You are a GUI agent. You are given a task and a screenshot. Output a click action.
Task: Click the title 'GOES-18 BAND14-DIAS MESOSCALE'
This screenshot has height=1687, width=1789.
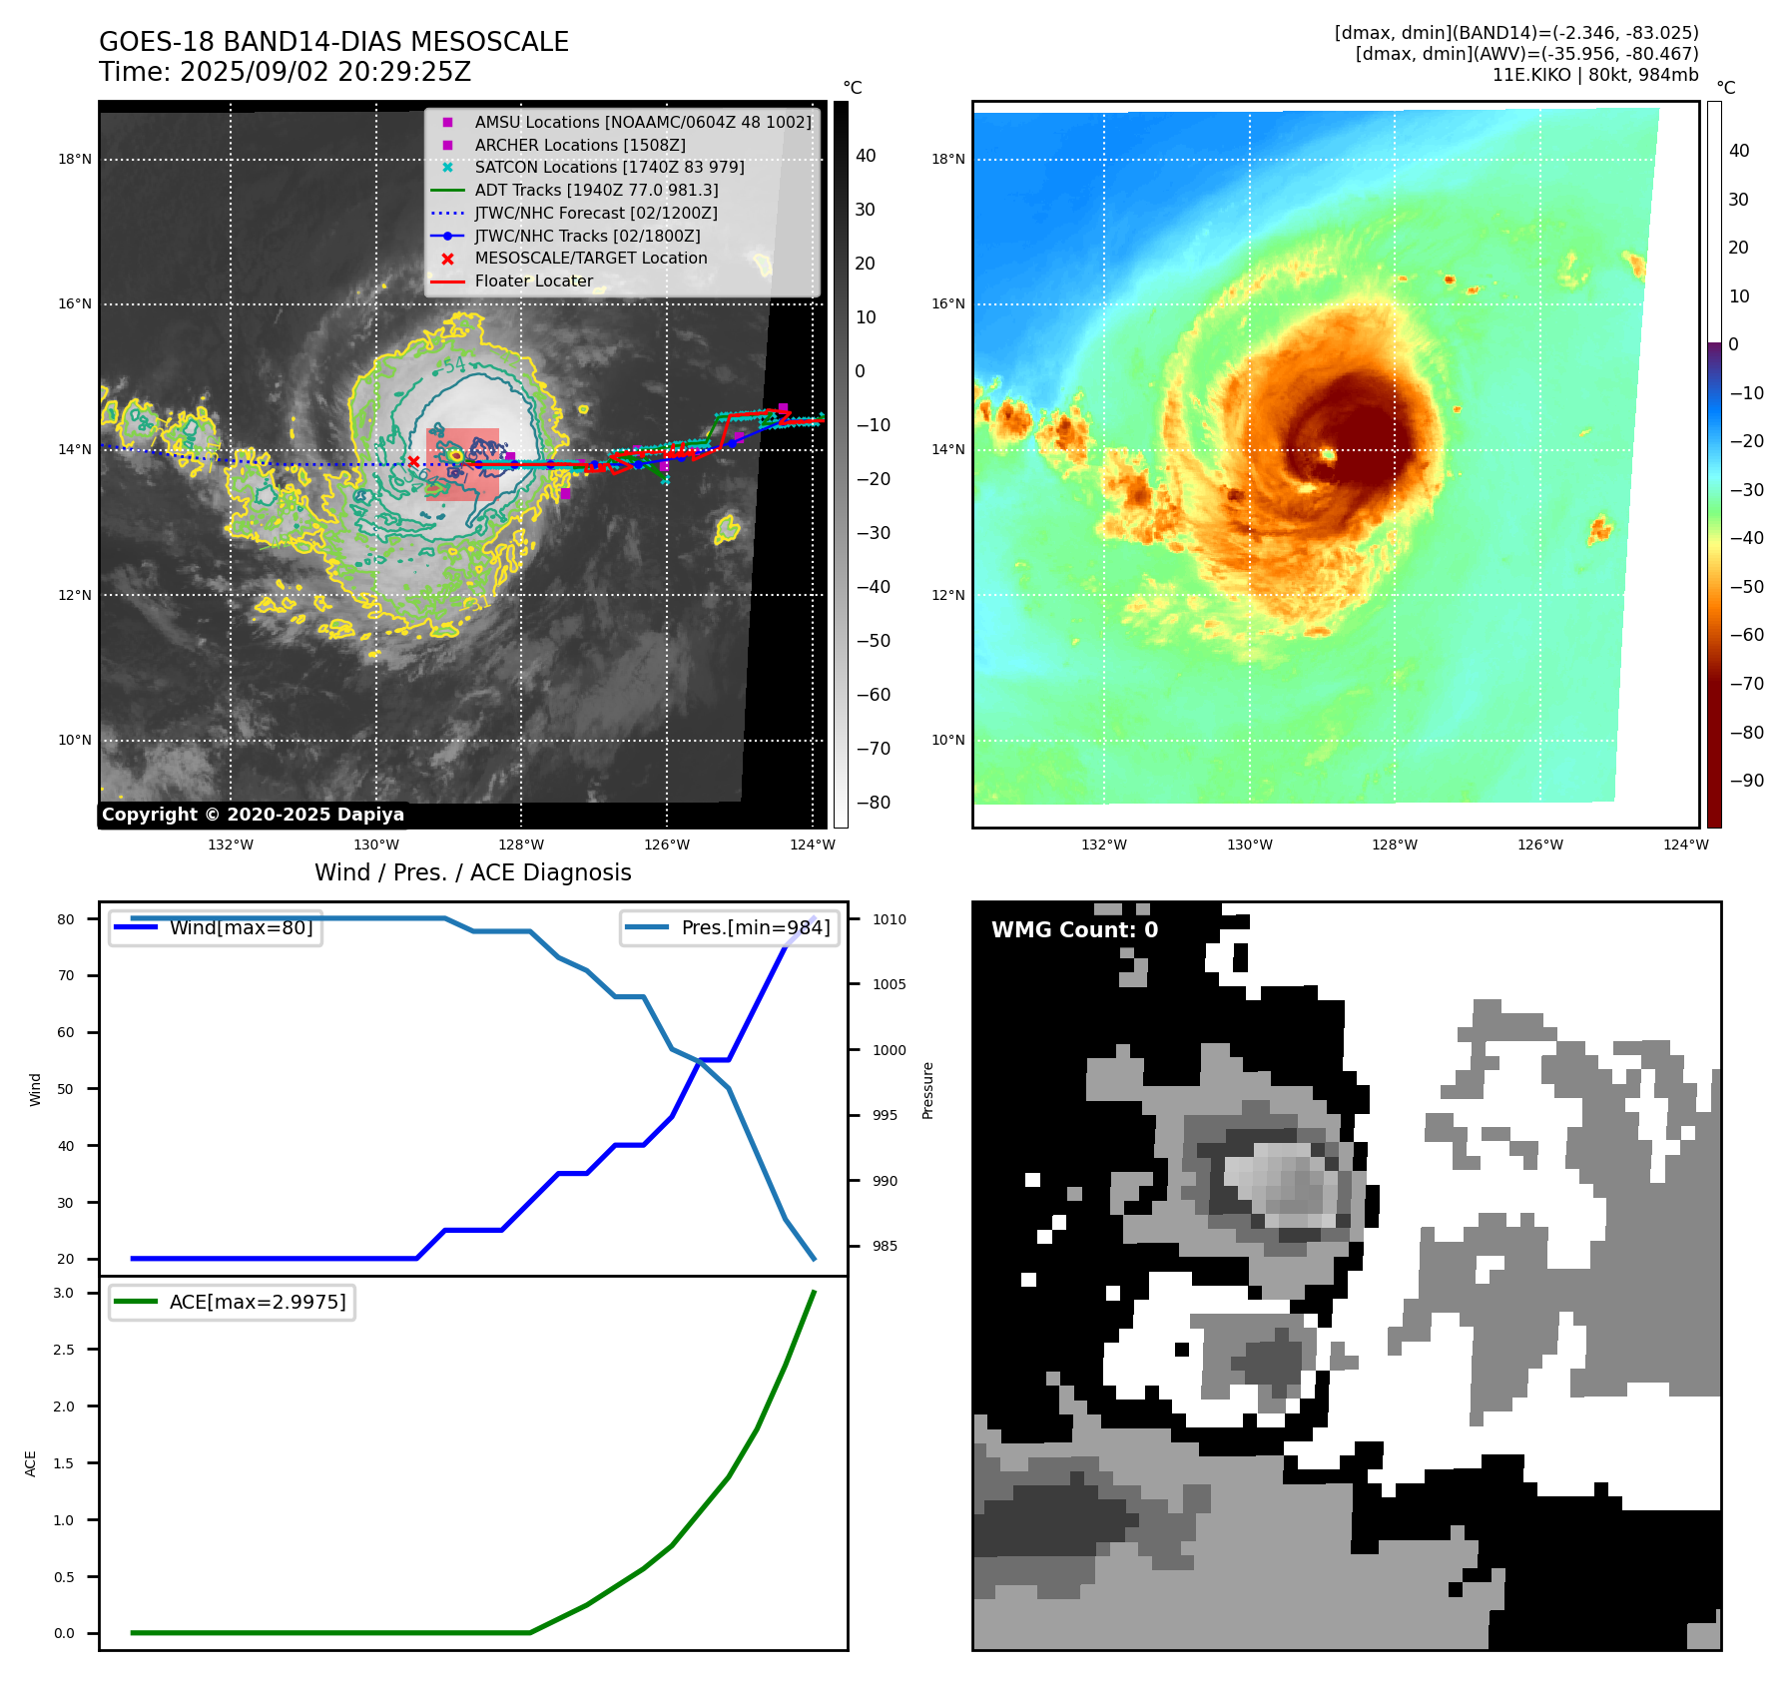tap(333, 42)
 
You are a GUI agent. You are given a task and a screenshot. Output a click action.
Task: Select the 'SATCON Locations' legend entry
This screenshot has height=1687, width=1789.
tap(609, 167)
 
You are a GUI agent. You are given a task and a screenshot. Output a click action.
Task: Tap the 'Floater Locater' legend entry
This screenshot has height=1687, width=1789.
tap(533, 281)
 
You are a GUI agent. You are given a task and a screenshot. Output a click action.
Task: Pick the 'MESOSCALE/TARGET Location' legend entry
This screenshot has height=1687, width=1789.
tap(590, 258)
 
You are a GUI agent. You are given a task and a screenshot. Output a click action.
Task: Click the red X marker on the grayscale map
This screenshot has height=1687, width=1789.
tap(413, 461)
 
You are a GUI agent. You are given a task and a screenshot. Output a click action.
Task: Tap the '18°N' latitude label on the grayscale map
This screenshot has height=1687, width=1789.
tap(75, 159)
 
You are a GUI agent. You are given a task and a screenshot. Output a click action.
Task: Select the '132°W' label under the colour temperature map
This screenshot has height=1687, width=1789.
tap(1104, 844)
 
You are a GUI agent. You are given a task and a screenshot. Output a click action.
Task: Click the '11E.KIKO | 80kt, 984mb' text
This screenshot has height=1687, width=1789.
tap(1595, 75)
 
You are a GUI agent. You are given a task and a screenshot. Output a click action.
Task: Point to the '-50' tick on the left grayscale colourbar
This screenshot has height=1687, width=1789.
tap(873, 641)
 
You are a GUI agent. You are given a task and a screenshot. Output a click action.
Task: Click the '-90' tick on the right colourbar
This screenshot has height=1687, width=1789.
tap(1746, 781)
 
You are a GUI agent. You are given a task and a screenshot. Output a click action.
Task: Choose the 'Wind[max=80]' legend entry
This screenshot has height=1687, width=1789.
tap(241, 927)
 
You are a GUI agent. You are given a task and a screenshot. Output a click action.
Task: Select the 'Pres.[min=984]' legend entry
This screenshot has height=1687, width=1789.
tap(755, 927)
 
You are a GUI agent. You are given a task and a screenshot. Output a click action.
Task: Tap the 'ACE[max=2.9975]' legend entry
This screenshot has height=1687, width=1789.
tap(258, 1302)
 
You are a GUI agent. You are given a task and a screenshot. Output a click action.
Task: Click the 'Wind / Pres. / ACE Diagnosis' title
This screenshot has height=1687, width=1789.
tap(473, 872)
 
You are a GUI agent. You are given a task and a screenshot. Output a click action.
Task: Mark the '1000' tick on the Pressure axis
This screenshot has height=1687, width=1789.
tap(889, 1050)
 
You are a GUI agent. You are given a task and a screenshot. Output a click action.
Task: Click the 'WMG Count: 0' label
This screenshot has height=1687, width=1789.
tap(1074, 930)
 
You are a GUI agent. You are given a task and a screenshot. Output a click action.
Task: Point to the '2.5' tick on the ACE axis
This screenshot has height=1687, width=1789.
tap(64, 1350)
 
